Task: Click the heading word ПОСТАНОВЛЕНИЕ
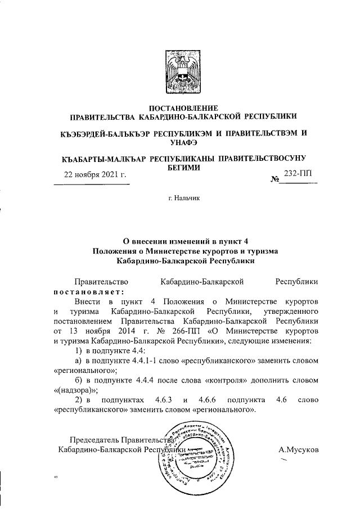pos(181,108)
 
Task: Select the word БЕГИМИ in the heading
pos(182,167)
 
